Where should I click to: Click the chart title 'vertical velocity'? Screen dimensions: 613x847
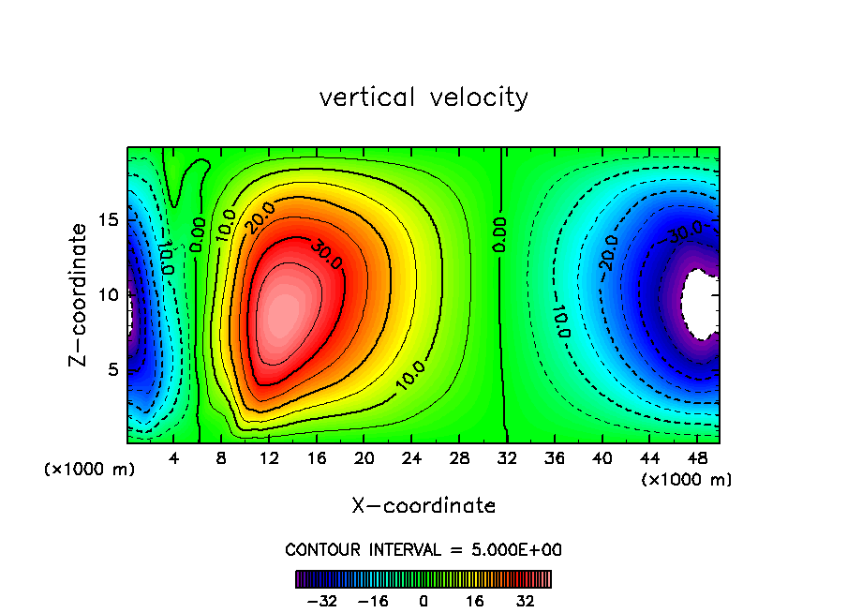[x=423, y=97]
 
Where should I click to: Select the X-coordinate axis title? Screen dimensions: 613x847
[x=423, y=505]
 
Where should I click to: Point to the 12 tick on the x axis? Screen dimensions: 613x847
[x=269, y=458]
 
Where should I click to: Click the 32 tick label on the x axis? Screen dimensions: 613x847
[x=507, y=458]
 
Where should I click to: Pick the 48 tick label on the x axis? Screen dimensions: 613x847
[x=697, y=458]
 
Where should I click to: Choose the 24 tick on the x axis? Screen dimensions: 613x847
[x=411, y=458]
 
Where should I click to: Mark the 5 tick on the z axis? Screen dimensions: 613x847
[x=110, y=369]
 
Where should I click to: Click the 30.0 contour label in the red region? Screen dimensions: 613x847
[x=318, y=255]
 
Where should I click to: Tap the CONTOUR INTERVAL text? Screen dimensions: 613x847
[x=423, y=549]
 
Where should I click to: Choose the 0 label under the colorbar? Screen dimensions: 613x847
[x=423, y=601]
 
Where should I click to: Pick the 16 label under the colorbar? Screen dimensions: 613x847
[x=475, y=601]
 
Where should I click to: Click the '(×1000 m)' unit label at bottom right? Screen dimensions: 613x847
[x=687, y=479]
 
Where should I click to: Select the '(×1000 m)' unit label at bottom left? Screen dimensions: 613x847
[x=90, y=469]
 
